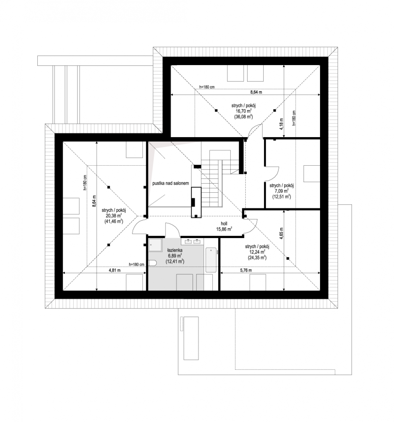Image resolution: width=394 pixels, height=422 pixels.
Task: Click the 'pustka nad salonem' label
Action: pyautogui.click(x=170, y=183)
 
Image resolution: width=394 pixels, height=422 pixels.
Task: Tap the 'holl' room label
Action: pyautogui.click(x=224, y=224)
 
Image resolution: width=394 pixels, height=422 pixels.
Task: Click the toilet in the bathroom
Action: pyautogui.click(x=152, y=263)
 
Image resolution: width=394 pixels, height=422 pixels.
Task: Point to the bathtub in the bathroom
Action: pyautogui.click(x=211, y=260)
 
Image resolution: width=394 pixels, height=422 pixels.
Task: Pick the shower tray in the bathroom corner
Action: pyautogui.click(x=155, y=244)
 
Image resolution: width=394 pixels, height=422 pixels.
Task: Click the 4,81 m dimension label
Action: pyautogui.click(x=114, y=270)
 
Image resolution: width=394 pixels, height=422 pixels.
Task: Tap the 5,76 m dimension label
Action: pyautogui.click(x=246, y=270)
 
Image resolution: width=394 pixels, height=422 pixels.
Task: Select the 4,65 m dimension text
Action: pyautogui.click(x=281, y=234)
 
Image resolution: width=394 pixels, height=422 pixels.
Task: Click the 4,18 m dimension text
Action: pyautogui.click(x=281, y=124)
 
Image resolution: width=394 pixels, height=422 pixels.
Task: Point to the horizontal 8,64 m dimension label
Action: pyautogui.click(x=256, y=92)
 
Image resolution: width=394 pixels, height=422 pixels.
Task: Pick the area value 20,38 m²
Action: pyautogui.click(x=114, y=216)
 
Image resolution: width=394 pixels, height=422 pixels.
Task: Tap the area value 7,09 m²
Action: pyautogui.click(x=281, y=191)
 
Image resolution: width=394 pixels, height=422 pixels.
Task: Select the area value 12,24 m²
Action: pyautogui.click(x=257, y=252)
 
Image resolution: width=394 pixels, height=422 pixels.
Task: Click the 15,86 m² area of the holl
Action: pyautogui.click(x=224, y=229)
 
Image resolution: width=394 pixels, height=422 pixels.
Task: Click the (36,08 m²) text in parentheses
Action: pyautogui.click(x=244, y=116)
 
